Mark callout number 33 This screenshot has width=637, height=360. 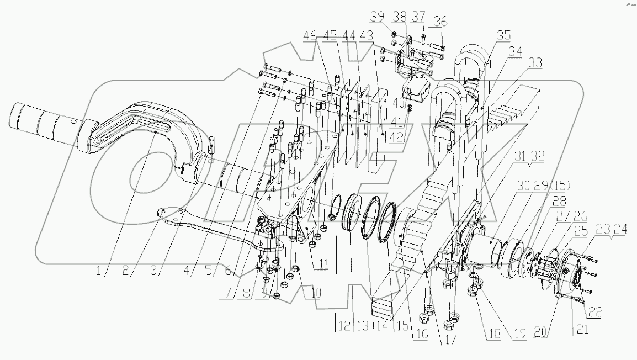534,65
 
